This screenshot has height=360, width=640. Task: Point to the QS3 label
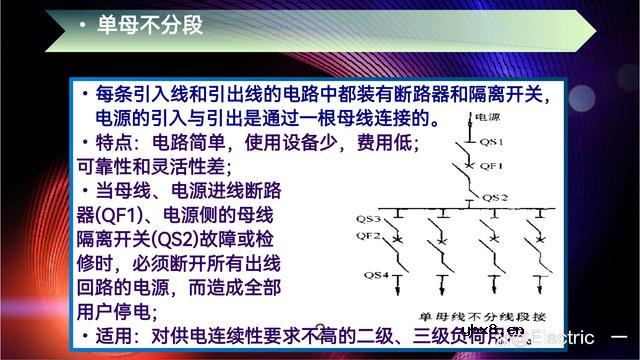pos(369,217)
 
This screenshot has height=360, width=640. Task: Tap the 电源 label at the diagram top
pos(487,118)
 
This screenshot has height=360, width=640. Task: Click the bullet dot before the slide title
pos(81,25)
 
